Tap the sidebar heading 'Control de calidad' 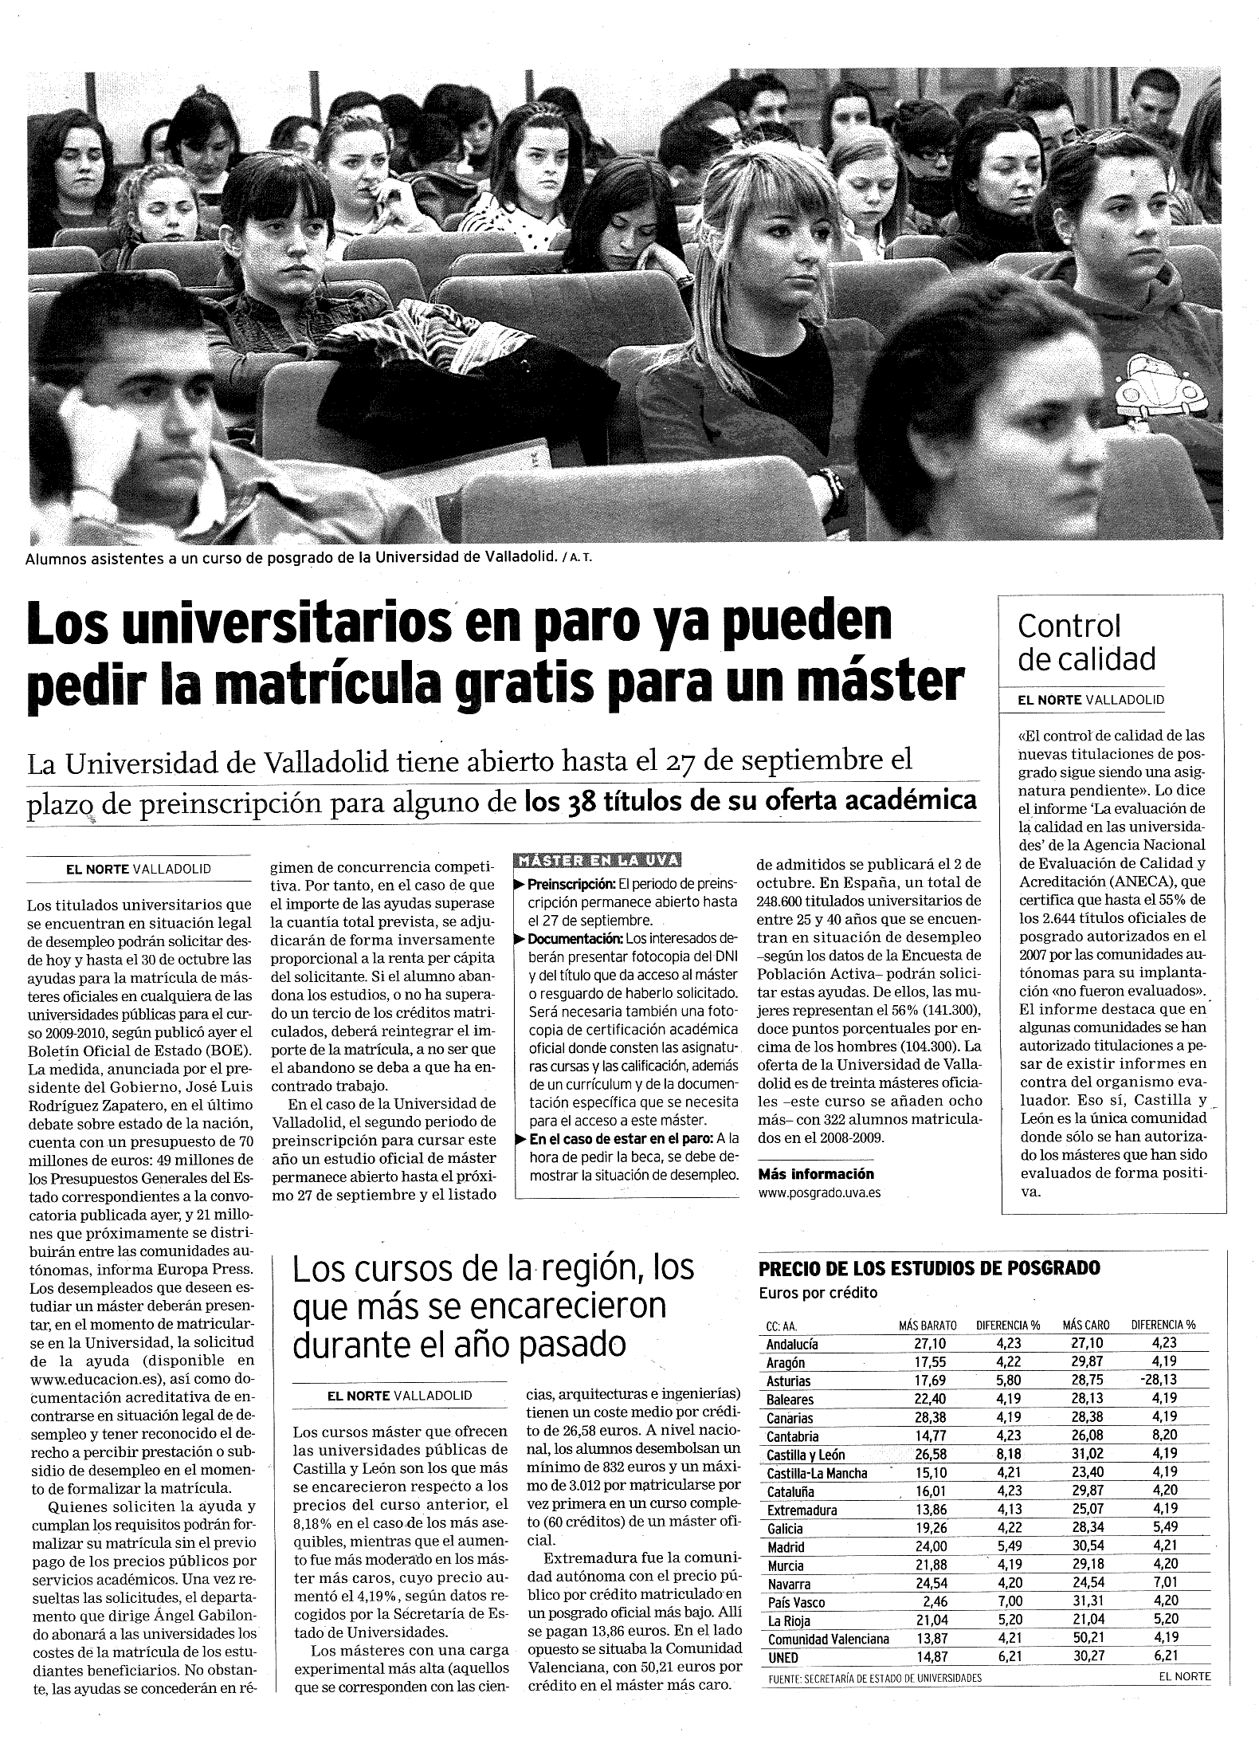pos(1075,642)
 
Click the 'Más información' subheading pos(816,1173)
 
